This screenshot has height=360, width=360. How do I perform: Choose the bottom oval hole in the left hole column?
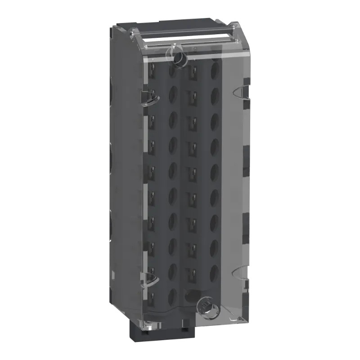[x=172, y=295]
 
